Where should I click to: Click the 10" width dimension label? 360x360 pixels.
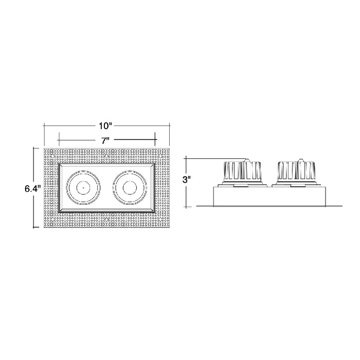coord(106,125)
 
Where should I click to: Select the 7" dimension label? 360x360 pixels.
coord(106,139)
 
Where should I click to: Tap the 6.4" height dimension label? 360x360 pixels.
coord(32,188)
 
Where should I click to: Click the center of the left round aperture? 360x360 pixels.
coord(82,188)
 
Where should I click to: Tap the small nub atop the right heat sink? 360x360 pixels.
coord(299,159)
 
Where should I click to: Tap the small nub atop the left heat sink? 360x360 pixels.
coord(247,159)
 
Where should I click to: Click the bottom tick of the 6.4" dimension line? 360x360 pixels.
coord(34,227)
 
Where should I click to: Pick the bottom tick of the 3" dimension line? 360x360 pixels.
coord(186,206)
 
